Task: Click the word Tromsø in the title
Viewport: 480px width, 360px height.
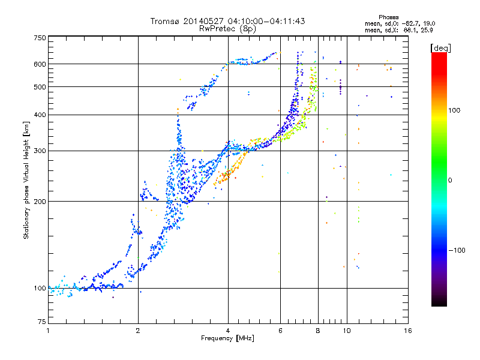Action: pos(165,21)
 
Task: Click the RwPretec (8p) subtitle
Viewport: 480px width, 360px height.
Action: pos(227,28)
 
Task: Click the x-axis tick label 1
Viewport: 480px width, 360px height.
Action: pos(48,331)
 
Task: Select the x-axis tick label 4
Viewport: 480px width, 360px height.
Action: pos(228,331)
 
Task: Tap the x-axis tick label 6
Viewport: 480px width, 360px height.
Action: pos(280,331)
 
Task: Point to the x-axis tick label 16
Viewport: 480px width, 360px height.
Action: pos(406,331)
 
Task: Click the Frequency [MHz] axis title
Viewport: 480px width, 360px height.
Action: pos(227,338)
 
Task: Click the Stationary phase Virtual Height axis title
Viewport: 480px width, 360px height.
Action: pos(27,180)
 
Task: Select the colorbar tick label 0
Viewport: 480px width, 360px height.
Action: pos(449,180)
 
